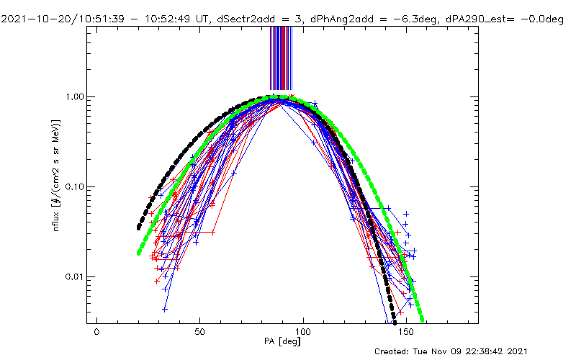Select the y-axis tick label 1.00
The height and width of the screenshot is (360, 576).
(x=76, y=96)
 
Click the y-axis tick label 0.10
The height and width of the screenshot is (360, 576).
(x=76, y=186)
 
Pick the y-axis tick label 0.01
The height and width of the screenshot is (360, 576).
(x=76, y=276)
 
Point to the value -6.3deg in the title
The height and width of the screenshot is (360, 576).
(x=389, y=6)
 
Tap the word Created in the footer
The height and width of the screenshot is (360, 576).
(x=393, y=351)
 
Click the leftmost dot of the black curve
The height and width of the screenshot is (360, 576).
(x=139, y=228)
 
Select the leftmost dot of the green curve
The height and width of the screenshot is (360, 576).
(x=139, y=253)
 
